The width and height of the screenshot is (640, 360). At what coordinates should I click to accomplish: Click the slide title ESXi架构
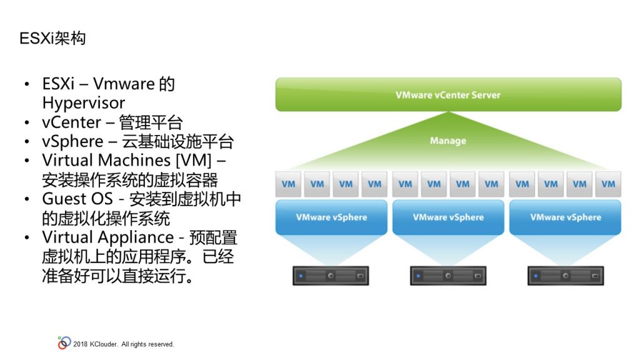pyautogui.click(x=52, y=38)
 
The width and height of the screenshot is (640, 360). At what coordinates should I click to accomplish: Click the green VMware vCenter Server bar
pyautogui.click(x=448, y=95)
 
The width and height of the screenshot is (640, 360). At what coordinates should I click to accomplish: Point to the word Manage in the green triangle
pyautogui.click(x=447, y=141)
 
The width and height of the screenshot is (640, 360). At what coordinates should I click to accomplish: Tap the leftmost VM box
pyautogui.click(x=288, y=184)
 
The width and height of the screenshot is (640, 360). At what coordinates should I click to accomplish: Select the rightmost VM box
pyautogui.click(x=608, y=184)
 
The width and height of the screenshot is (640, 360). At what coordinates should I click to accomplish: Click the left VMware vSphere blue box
pyautogui.click(x=331, y=217)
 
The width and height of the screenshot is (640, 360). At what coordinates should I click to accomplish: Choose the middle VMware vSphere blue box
pyautogui.click(x=448, y=217)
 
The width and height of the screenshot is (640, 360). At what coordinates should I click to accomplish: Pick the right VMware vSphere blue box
pyautogui.click(x=565, y=217)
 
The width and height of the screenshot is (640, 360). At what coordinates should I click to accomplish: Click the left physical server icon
pyautogui.click(x=331, y=276)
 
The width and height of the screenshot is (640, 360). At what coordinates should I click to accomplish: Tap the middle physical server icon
pyautogui.click(x=448, y=276)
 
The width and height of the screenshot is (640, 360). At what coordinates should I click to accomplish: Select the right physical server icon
pyautogui.click(x=565, y=276)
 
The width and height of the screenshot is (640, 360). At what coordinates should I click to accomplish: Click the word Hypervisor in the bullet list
pyautogui.click(x=84, y=103)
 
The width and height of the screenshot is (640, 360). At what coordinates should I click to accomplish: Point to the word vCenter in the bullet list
pyautogui.click(x=71, y=122)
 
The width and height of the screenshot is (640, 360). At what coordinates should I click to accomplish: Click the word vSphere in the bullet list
pyautogui.click(x=72, y=142)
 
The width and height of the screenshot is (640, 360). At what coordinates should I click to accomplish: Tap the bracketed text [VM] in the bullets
pyautogui.click(x=194, y=160)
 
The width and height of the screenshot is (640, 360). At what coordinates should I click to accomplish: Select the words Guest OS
pyautogui.click(x=77, y=199)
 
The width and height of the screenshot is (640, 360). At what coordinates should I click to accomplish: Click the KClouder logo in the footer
pyautogui.click(x=64, y=343)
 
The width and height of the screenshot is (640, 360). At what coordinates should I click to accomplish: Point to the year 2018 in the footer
pyautogui.click(x=81, y=344)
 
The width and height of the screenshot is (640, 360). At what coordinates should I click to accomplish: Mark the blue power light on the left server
pyautogui.click(x=301, y=276)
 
